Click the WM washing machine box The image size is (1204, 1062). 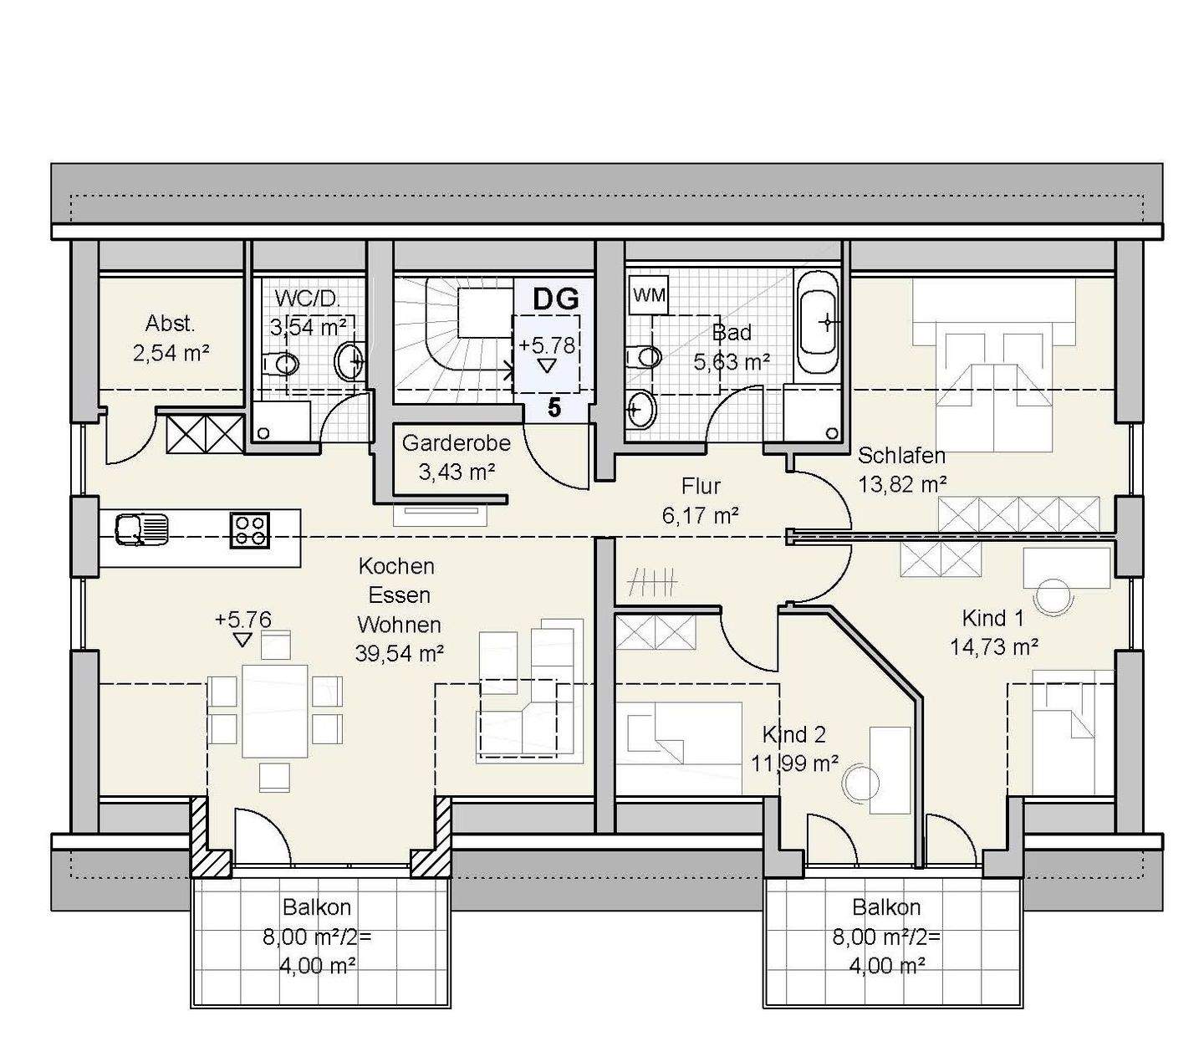(650, 294)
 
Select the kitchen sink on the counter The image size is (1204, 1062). (142, 529)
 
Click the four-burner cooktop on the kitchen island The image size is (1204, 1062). (250, 530)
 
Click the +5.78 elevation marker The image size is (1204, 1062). (547, 345)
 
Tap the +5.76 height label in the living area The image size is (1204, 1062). (242, 620)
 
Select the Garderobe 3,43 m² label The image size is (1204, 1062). (457, 457)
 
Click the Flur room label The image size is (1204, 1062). (701, 486)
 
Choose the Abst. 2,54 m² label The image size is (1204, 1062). (171, 339)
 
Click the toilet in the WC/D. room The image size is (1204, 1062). (279, 363)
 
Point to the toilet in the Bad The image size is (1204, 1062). (644, 357)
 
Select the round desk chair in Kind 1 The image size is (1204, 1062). (1054, 597)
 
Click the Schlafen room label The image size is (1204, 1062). (901, 455)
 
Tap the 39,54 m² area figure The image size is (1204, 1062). (400, 654)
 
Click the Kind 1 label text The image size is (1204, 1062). (992, 618)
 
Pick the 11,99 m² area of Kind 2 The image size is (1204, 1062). (795, 763)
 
